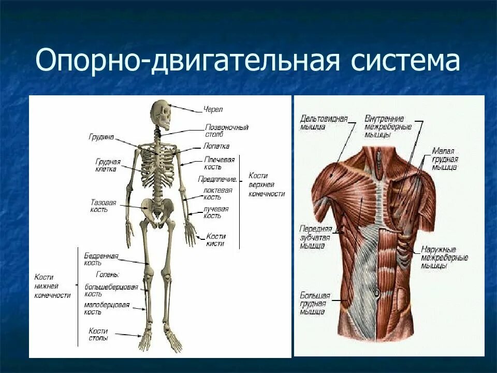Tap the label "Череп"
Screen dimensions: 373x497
(x=213, y=110)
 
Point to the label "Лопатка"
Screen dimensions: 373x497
(x=216, y=146)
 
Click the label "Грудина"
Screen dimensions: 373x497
(x=100, y=137)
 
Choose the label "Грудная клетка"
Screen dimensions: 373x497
(x=108, y=165)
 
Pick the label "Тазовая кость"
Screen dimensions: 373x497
(x=104, y=206)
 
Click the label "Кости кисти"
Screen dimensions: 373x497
(x=215, y=240)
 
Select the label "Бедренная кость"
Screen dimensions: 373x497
(x=101, y=259)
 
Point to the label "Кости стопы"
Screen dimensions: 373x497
(x=98, y=334)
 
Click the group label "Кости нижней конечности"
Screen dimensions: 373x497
(x=52, y=286)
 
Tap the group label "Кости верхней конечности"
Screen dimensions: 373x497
(x=267, y=184)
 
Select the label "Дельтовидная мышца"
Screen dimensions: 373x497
(x=324, y=122)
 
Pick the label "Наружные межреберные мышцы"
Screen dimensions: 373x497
(x=444, y=257)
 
